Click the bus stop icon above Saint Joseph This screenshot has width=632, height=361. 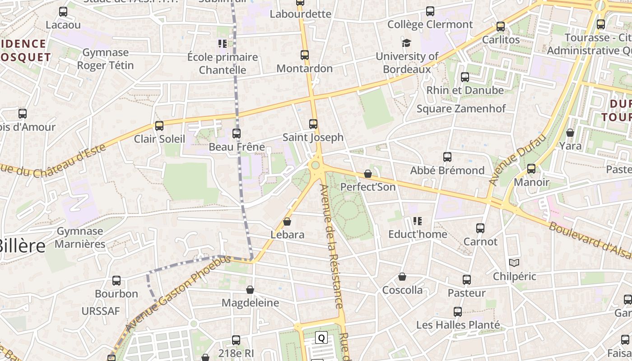click(x=313, y=124)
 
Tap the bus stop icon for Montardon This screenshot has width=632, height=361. click(x=305, y=55)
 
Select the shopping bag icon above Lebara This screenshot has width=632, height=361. click(x=287, y=222)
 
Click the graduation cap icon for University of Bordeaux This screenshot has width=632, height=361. click(x=407, y=43)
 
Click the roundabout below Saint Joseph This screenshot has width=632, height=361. click(x=316, y=166)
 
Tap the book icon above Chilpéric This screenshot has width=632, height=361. click(x=514, y=263)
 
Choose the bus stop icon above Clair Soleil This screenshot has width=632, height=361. click(x=159, y=125)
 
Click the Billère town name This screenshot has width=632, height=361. click(x=23, y=246)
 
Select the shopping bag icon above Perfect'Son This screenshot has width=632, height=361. click(x=368, y=174)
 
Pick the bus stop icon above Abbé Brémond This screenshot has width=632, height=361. click(x=447, y=157)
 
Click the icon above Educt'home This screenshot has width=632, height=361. click(x=418, y=221)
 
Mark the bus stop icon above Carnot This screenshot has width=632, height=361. click(x=480, y=228)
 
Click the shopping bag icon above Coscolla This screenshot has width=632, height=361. click(x=402, y=277)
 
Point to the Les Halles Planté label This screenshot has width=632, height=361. click(x=458, y=325)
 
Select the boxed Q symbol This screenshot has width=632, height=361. click(x=321, y=338)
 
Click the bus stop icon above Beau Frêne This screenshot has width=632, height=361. click(x=237, y=134)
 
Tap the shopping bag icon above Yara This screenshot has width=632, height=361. click(x=570, y=133)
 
